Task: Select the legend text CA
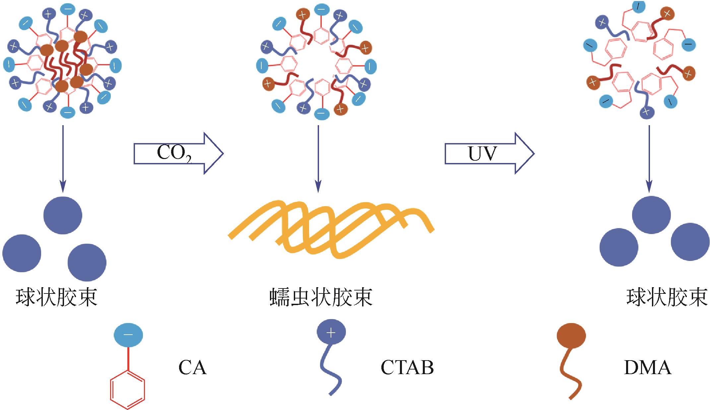[192, 368]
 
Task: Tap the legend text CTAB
[407, 368]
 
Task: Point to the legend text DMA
[647, 368]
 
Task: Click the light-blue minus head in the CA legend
[128, 335]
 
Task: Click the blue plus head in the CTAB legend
[331, 332]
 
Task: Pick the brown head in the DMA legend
[571, 336]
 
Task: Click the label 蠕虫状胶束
[321, 297]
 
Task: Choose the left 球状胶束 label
[56, 297]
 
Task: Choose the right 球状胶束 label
[667, 297]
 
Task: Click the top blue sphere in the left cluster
[63, 215]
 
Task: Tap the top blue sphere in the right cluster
[651, 215]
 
